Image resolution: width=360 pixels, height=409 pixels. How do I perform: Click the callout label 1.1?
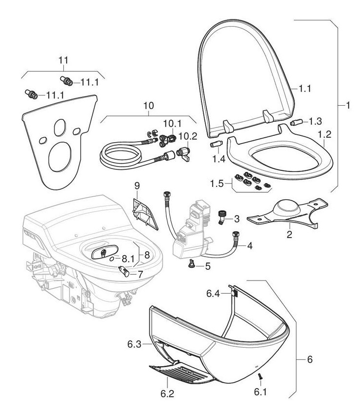(x=305, y=89)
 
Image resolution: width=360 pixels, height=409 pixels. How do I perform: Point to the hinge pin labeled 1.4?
(x=216, y=145)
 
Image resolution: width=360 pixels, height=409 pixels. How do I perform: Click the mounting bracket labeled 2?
(x=287, y=213)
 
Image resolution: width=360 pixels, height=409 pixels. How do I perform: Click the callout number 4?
(x=249, y=246)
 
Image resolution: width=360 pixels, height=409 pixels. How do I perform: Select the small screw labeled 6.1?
(x=259, y=375)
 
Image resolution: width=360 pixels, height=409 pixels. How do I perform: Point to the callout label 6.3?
(x=134, y=344)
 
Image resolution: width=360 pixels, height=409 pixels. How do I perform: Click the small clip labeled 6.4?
(x=234, y=292)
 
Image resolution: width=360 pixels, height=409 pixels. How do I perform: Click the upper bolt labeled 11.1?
(x=66, y=80)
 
